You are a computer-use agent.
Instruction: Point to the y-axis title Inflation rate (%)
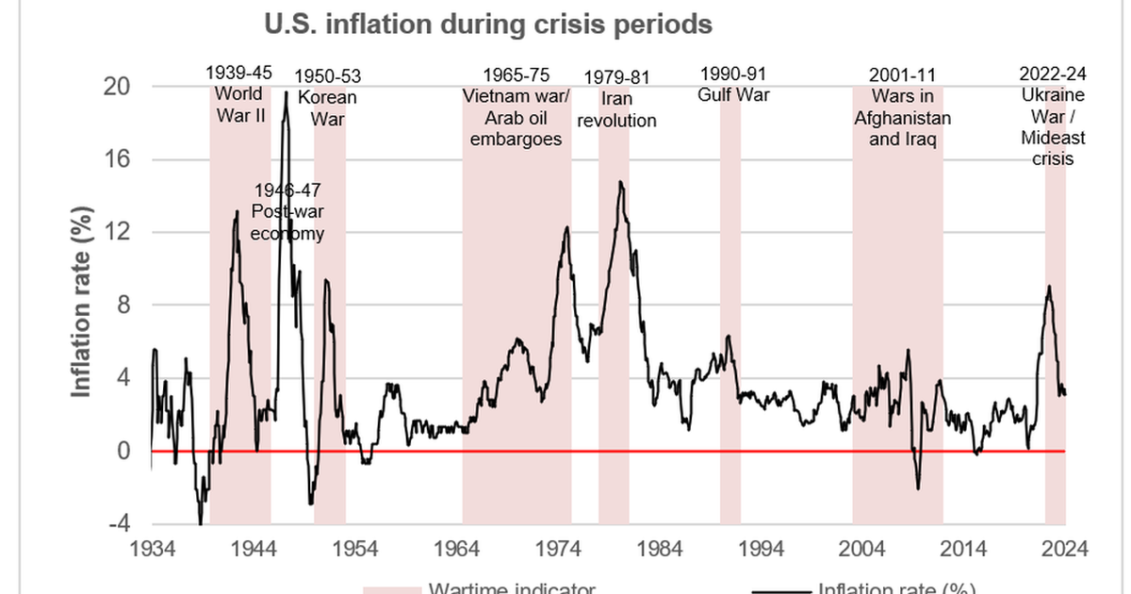(83, 304)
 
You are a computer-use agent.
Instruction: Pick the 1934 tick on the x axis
(152, 550)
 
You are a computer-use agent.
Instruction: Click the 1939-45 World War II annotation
(238, 94)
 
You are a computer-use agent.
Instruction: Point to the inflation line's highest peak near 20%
(286, 92)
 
